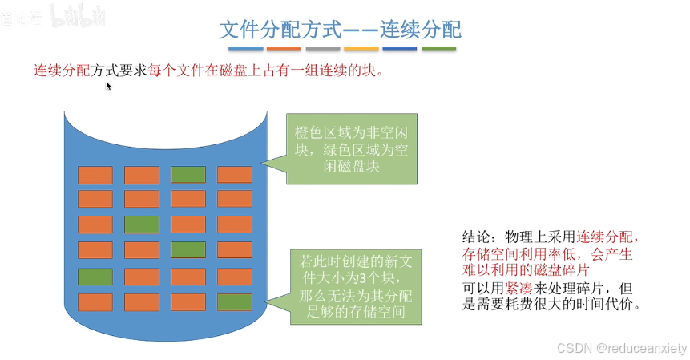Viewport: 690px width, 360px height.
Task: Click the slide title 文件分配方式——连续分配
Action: pyautogui.click(x=340, y=30)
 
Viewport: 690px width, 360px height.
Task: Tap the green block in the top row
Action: pyautogui.click(x=188, y=174)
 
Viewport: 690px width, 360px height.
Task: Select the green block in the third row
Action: pyautogui.click(x=141, y=224)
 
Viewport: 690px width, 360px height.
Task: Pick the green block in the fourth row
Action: pyautogui.click(x=188, y=250)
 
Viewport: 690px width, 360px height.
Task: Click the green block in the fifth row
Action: pyautogui.click(x=95, y=276)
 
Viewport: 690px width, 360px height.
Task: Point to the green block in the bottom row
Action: pyautogui.click(x=235, y=301)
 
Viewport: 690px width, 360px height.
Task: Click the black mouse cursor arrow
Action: pyautogui.click(x=108, y=86)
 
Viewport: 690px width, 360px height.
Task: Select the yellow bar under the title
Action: pyautogui.click(x=360, y=49)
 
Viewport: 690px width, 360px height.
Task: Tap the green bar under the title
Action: pyautogui.click(x=438, y=49)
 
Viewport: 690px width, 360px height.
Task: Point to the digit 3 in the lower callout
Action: pyautogui.click(x=372, y=277)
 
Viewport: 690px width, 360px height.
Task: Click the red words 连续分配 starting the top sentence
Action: pyautogui.click(x=62, y=71)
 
